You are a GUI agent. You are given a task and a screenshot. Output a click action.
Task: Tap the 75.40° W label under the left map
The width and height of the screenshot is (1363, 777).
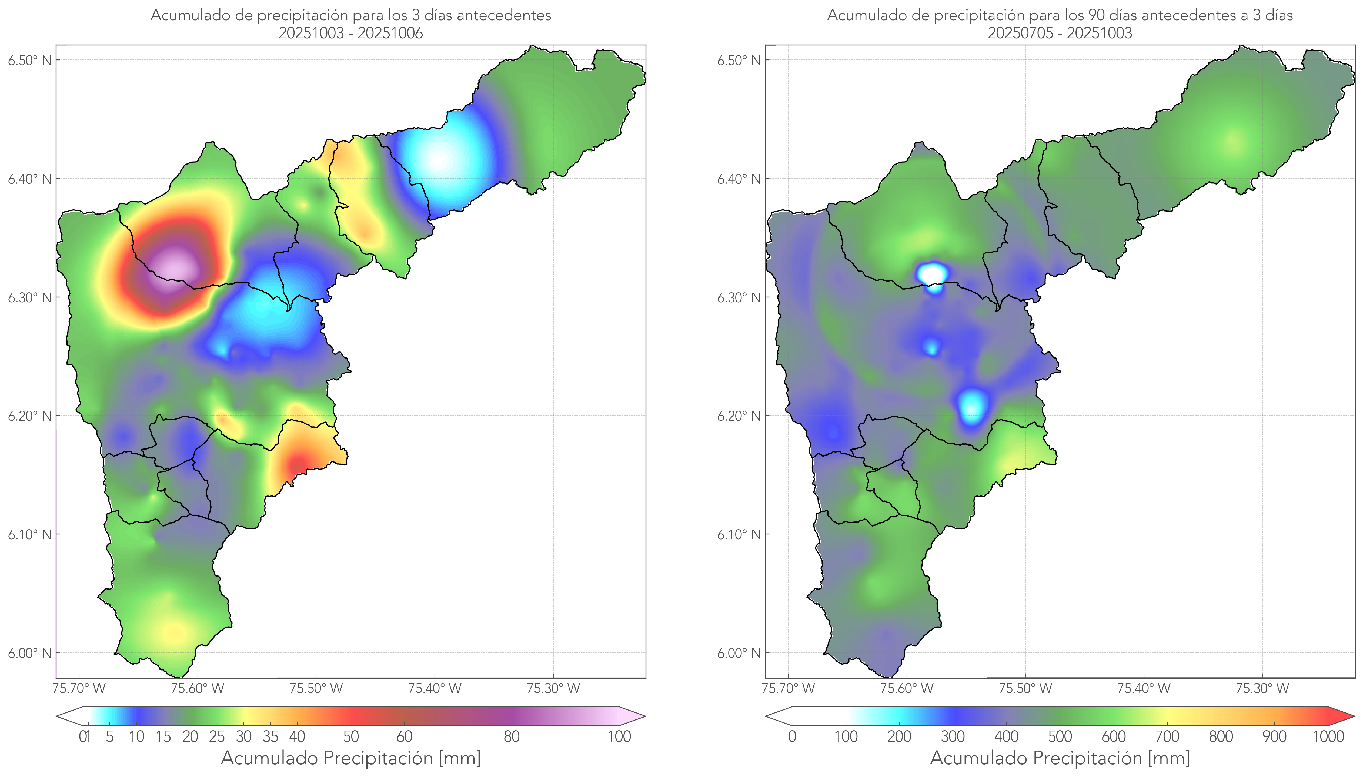435,688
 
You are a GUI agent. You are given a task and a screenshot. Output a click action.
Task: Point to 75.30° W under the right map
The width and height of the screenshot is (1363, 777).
1262,688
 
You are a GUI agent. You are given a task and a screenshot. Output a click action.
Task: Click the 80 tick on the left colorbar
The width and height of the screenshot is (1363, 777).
511,736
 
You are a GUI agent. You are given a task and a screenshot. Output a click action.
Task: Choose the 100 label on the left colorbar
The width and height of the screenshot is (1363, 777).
619,736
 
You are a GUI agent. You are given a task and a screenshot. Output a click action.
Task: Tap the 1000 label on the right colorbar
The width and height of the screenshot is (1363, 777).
1328,736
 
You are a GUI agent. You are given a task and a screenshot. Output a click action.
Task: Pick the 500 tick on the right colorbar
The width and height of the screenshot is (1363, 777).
1060,736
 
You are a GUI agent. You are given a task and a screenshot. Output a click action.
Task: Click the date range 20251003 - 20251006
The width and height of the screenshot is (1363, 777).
351,33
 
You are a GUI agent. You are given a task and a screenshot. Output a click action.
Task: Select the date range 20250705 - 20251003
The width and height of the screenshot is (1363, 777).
1060,33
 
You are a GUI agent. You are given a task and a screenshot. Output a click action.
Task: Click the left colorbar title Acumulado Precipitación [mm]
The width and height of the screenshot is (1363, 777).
351,758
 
